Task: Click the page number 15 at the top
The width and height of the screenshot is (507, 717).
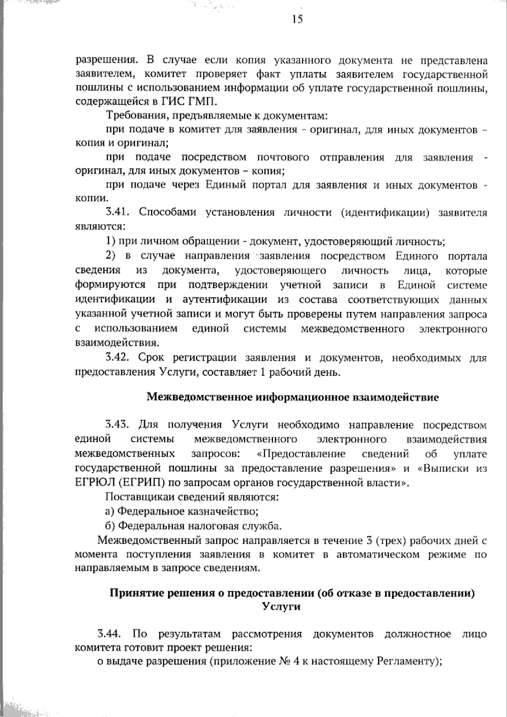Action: (297, 19)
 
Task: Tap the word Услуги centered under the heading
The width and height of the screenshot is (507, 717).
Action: (281, 606)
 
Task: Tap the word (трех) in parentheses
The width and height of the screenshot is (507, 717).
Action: (391, 540)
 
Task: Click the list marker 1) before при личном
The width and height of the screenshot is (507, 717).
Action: (110, 241)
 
